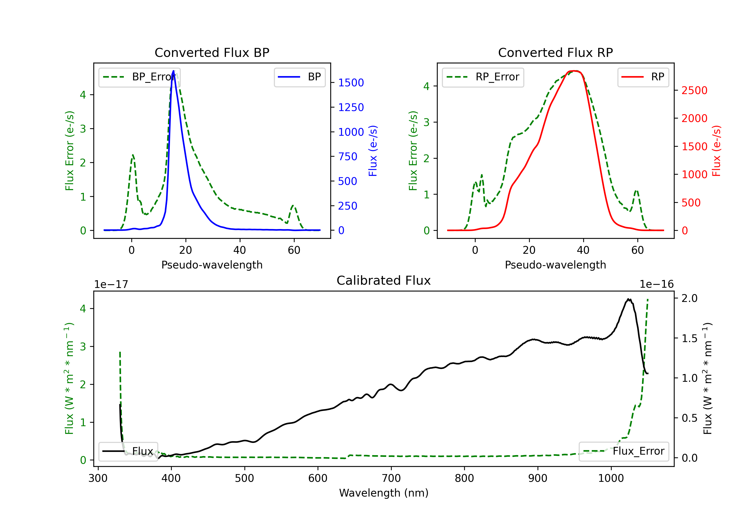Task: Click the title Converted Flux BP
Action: [212, 52]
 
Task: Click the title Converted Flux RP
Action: [555, 52]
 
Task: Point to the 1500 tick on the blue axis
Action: [351, 83]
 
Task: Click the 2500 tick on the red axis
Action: [694, 90]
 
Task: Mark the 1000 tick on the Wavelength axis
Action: [611, 478]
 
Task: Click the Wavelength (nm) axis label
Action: [384, 493]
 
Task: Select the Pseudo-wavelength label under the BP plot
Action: [212, 265]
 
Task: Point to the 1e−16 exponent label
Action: [656, 284]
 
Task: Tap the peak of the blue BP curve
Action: [173, 71]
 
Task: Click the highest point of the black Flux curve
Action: [628, 299]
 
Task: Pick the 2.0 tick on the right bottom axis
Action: [690, 298]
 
